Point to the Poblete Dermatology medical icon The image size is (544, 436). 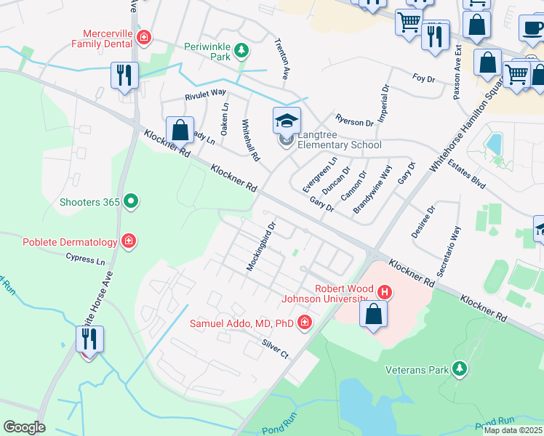click(129, 241)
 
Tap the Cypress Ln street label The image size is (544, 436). click(85, 258)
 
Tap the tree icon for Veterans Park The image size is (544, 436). click(459, 369)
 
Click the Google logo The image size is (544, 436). click(24, 427)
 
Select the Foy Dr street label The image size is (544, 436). click(423, 77)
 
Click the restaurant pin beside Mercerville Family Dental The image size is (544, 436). click(124, 75)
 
